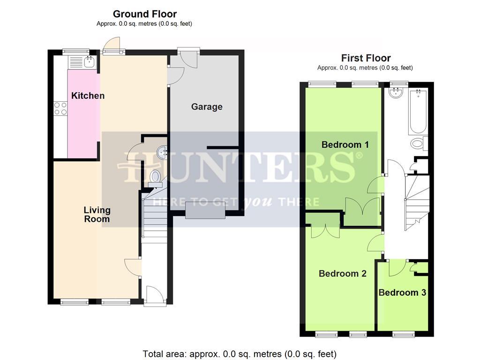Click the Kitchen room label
pos(88,96)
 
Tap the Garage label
pos(207,107)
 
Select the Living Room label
pos(97,214)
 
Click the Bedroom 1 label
pos(345,145)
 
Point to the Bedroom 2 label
pos(342,274)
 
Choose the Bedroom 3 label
pos(402,292)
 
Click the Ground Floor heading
pos(145,14)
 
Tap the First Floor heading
pos(366,58)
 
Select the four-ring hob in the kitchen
pos(60,109)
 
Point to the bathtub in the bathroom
pos(418,111)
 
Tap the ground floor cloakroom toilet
pos(155,177)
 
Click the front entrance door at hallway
pos(154,296)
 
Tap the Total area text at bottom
pos(240,354)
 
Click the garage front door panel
pos(205,210)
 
